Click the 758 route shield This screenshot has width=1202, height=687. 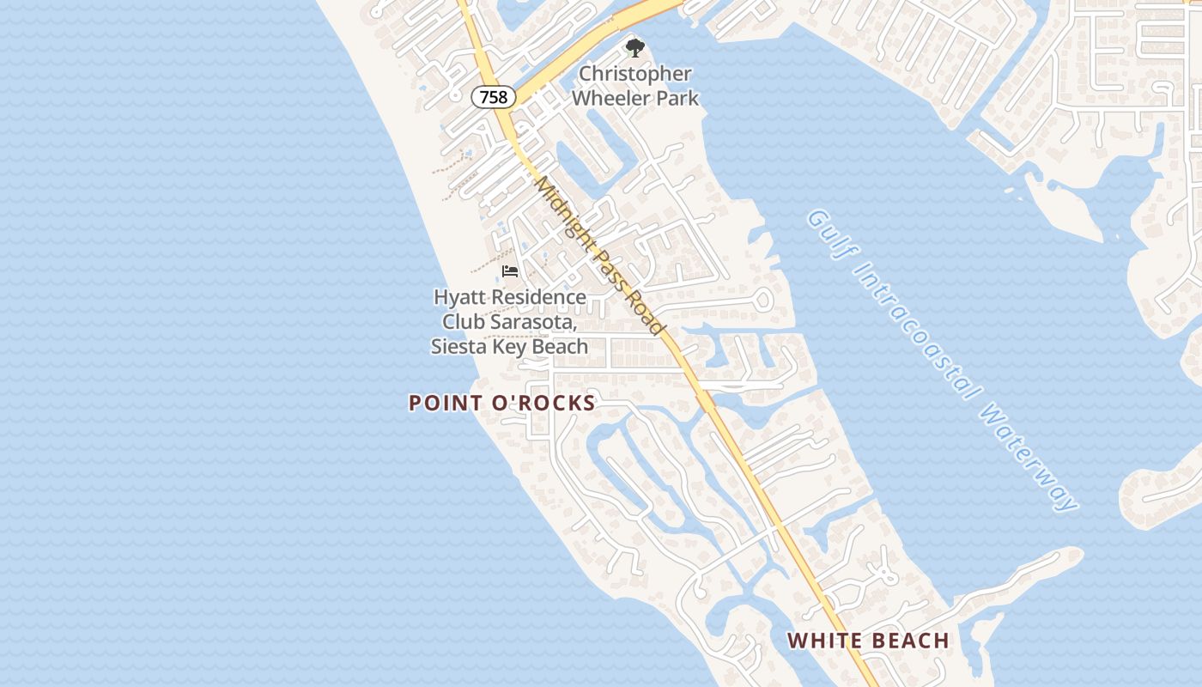click(x=493, y=97)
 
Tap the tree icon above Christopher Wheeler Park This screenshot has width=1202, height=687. click(x=634, y=48)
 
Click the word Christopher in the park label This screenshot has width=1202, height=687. click(x=635, y=75)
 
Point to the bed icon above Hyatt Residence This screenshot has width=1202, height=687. click(x=510, y=271)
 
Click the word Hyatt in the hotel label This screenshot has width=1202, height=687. click(x=458, y=297)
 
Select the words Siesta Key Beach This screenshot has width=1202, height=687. click(x=509, y=347)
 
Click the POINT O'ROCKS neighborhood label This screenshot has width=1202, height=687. click(x=501, y=403)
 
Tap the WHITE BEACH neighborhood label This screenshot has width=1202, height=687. click(x=868, y=641)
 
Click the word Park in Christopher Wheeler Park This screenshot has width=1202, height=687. click(x=677, y=98)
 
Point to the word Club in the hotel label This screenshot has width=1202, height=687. click(x=463, y=322)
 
